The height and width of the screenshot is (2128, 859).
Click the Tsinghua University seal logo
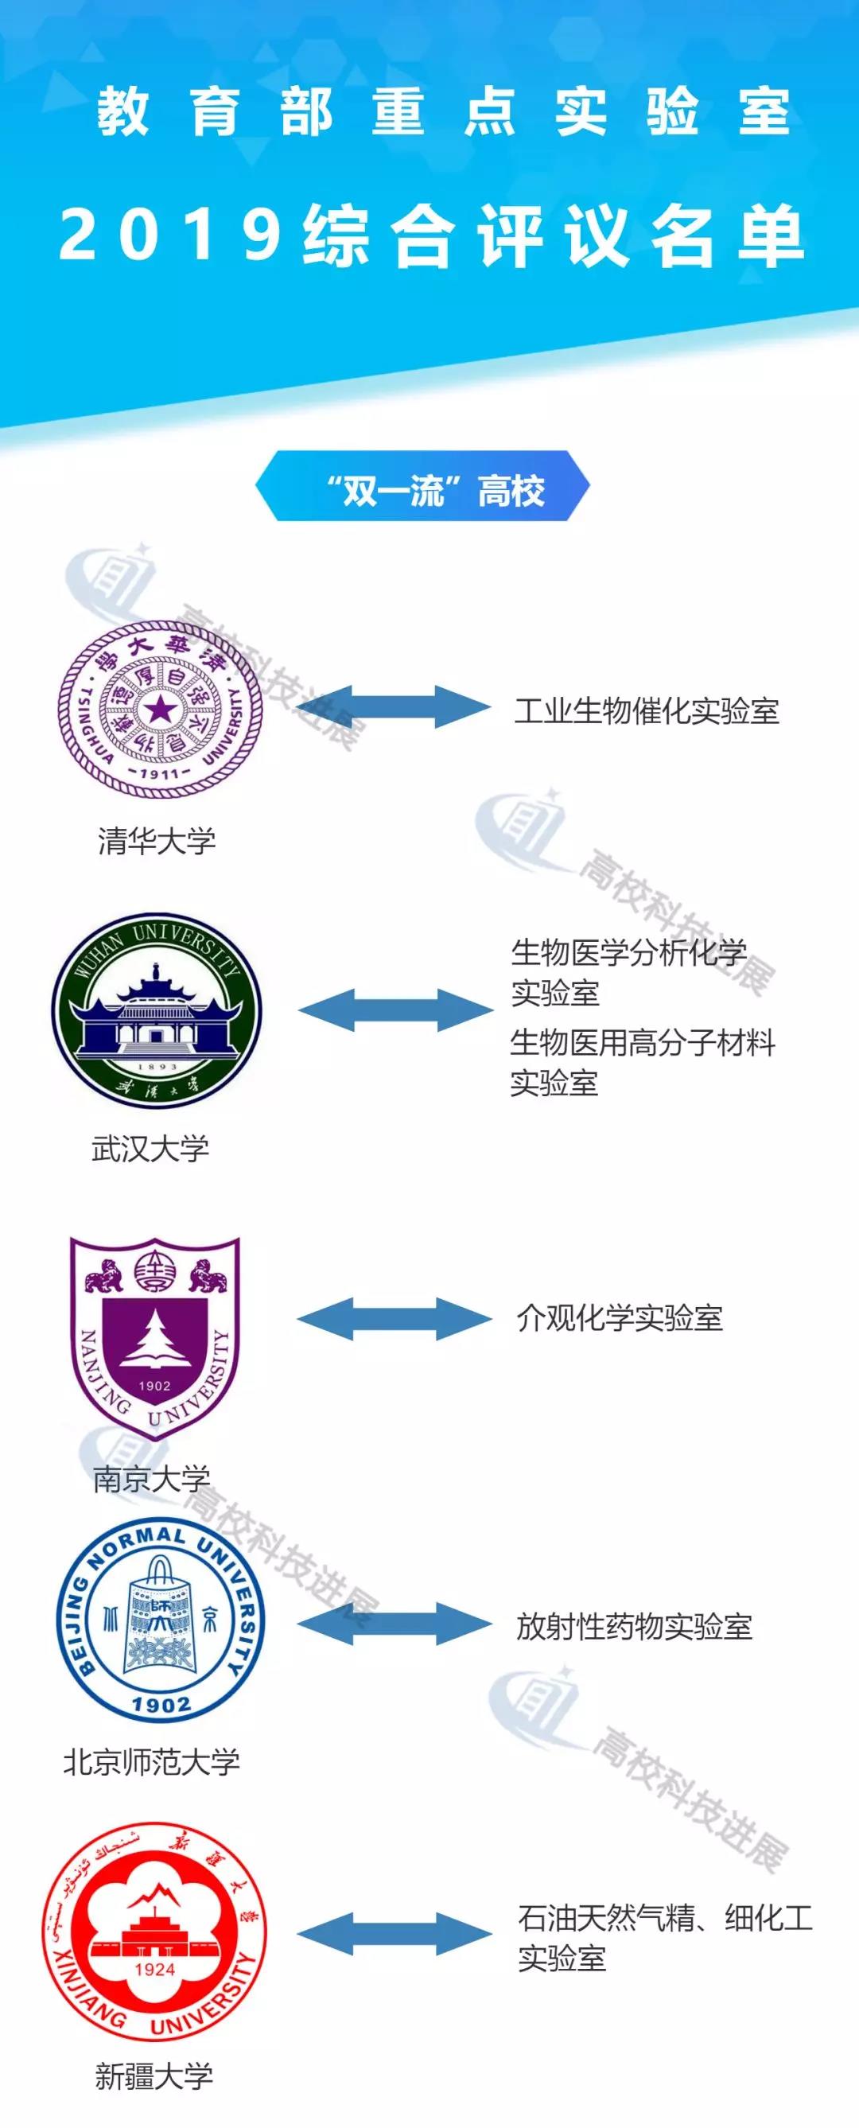pos(160,709)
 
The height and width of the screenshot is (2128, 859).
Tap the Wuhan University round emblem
pos(157,1010)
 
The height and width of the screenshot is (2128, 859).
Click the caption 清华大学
pos(157,841)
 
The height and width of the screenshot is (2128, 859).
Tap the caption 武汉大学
pos(150,1148)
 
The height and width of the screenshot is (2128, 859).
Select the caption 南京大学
pos(152,1478)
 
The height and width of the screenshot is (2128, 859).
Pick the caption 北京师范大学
pos(152,1761)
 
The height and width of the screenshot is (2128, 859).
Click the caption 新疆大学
pos(154,2076)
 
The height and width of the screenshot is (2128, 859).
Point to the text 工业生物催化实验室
pos(647,710)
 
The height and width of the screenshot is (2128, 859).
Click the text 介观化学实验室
pos(620,1318)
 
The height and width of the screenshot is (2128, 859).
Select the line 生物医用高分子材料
pos(643,1043)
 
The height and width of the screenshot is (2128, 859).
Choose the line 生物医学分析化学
pos(628,952)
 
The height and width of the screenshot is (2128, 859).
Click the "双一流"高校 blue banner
pos(423,488)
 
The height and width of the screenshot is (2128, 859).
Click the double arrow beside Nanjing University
pos(395,1318)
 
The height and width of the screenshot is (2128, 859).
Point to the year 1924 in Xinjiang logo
pos(154,1969)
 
